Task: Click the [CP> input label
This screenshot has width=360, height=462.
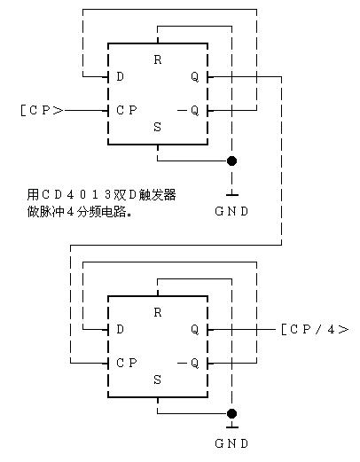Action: click(x=41, y=111)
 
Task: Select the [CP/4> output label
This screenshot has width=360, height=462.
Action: click(x=314, y=329)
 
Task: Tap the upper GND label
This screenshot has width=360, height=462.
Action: click(x=231, y=211)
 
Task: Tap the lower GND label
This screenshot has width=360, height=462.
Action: click(x=231, y=442)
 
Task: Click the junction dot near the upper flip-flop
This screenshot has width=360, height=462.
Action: click(x=231, y=161)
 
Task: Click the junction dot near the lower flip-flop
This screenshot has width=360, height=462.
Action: click(x=231, y=413)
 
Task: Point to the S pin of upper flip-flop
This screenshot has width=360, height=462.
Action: click(x=158, y=127)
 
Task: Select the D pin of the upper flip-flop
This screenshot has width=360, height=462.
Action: click(x=120, y=77)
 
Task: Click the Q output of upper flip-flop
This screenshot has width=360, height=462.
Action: click(x=194, y=77)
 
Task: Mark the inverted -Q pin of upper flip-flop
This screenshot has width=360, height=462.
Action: click(x=189, y=111)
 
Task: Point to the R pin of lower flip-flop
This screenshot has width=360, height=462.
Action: click(x=158, y=313)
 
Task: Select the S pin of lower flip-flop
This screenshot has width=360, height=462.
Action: click(x=158, y=380)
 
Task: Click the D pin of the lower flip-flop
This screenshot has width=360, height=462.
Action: click(x=120, y=329)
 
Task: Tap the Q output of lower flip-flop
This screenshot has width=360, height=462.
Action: click(x=194, y=329)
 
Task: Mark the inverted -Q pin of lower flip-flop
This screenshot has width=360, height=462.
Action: click(x=189, y=363)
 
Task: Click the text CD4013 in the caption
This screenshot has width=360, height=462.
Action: click(x=83, y=194)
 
